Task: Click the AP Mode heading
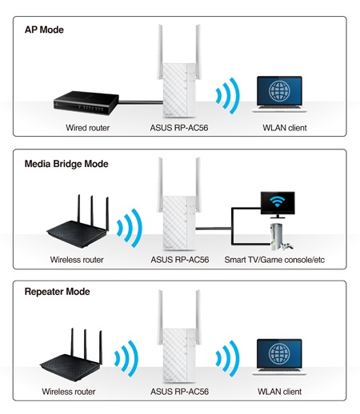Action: click(x=44, y=30)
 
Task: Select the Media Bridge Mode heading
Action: click(x=66, y=164)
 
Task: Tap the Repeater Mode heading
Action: click(x=57, y=292)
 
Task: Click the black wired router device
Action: click(x=86, y=103)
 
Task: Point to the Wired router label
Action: click(x=88, y=128)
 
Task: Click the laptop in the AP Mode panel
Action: click(x=279, y=94)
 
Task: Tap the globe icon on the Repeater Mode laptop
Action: click(x=279, y=353)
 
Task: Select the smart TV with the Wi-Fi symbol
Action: click(x=278, y=205)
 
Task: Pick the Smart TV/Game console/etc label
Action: click(x=274, y=260)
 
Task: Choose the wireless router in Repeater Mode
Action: click(x=71, y=355)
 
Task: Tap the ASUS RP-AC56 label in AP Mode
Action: click(x=179, y=128)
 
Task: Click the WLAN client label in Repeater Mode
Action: click(x=279, y=392)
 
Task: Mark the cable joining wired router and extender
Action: click(x=141, y=102)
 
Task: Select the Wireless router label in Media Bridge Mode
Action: click(x=77, y=260)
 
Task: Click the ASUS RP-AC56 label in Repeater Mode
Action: click(x=179, y=392)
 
